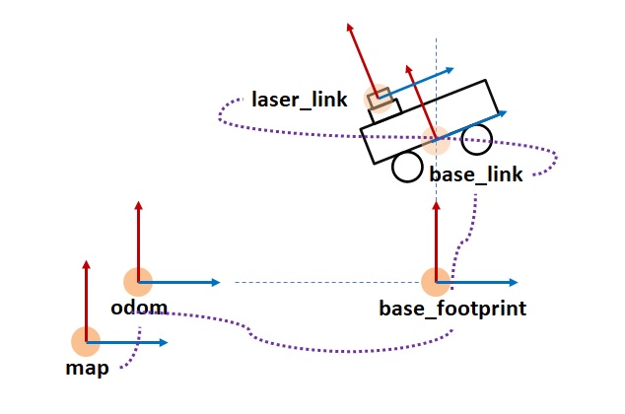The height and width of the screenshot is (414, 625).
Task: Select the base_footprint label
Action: click(x=452, y=309)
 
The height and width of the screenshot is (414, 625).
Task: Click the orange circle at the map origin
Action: click(x=87, y=342)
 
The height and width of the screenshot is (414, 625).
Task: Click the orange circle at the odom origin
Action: click(x=138, y=282)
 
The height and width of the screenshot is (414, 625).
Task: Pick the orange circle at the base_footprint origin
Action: click(x=435, y=282)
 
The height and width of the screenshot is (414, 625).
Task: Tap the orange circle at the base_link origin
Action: click(x=435, y=141)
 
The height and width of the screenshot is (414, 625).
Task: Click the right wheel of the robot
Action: click(x=477, y=138)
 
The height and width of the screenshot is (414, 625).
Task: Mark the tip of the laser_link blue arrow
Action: click(x=452, y=69)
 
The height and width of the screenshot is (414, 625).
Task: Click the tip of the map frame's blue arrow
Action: click(x=169, y=342)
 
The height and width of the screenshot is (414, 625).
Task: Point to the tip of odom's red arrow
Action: click(x=138, y=203)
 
